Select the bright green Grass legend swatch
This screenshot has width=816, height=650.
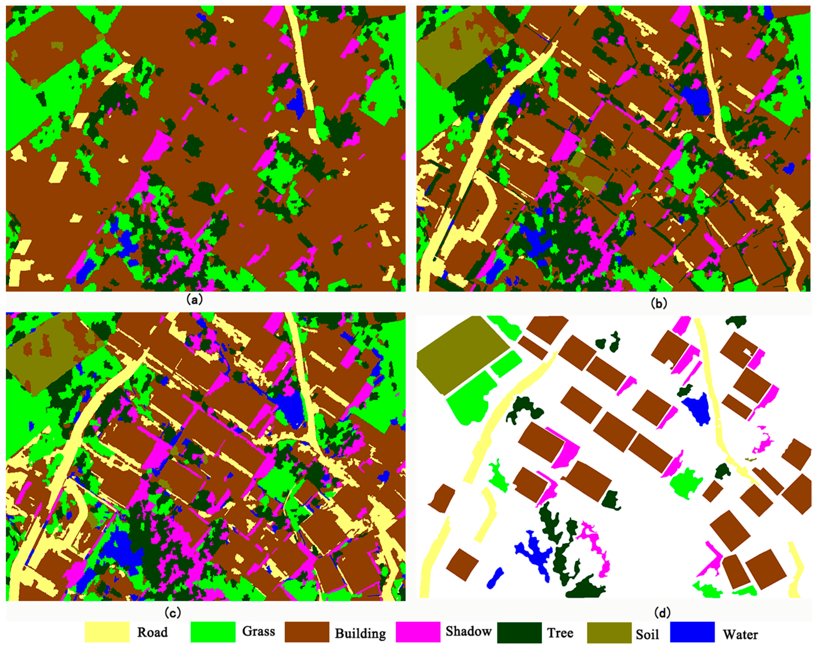click(x=213, y=632)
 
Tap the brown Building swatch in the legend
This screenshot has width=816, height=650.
click(x=307, y=632)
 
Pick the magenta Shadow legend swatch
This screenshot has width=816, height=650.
click(x=418, y=632)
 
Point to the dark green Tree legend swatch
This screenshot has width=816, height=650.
click(x=519, y=632)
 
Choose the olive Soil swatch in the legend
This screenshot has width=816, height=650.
click(x=609, y=632)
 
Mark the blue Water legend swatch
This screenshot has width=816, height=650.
click(x=692, y=632)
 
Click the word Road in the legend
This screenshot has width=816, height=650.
click(x=152, y=632)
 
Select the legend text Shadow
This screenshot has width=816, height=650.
click(x=468, y=631)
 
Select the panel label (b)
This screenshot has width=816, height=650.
click(x=658, y=303)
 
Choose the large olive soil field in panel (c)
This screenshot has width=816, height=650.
click(x=45, y=352)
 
